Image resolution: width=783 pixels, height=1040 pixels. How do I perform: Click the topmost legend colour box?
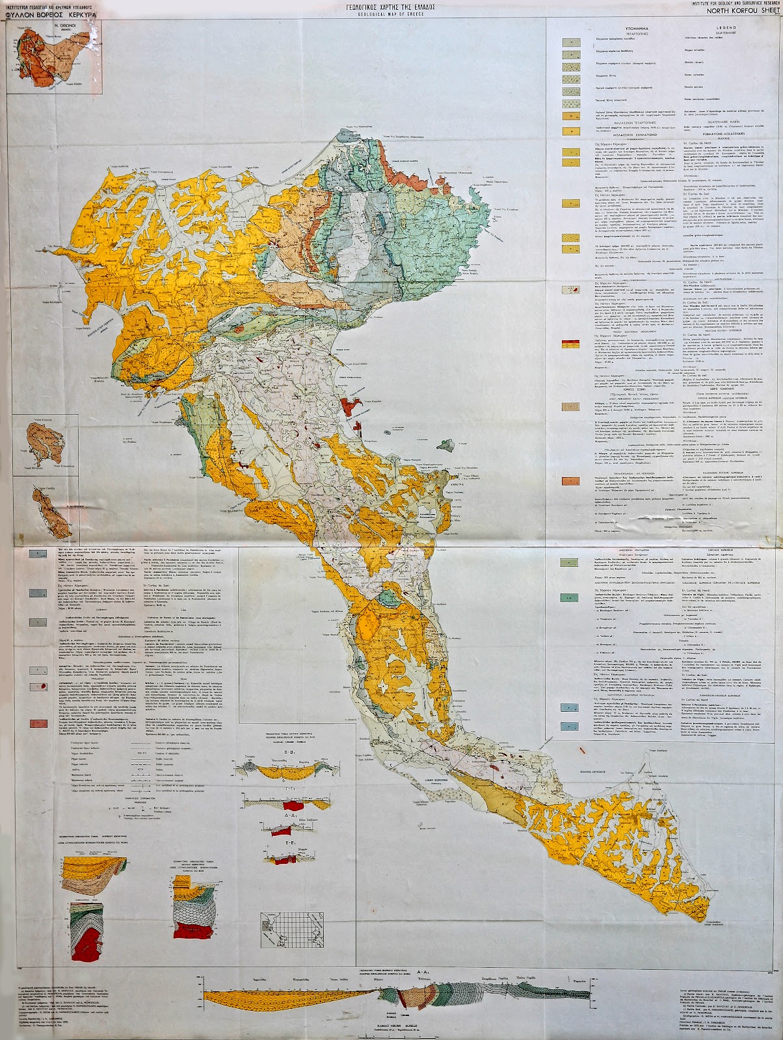tap(570, 41)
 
